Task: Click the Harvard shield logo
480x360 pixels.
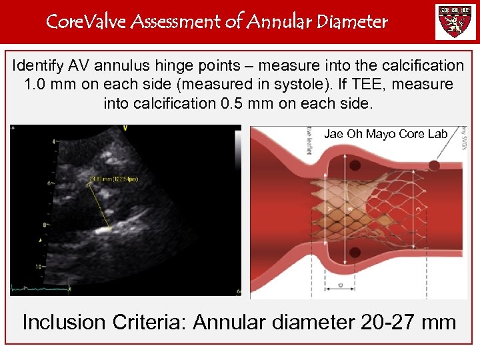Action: coord(455,21)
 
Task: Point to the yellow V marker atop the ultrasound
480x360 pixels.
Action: coord(125,128)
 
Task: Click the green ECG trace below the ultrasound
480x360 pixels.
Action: coord(40,288)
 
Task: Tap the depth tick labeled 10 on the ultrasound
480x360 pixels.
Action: coord(39,265)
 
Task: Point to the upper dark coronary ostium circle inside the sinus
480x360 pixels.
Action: coord(434,164)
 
